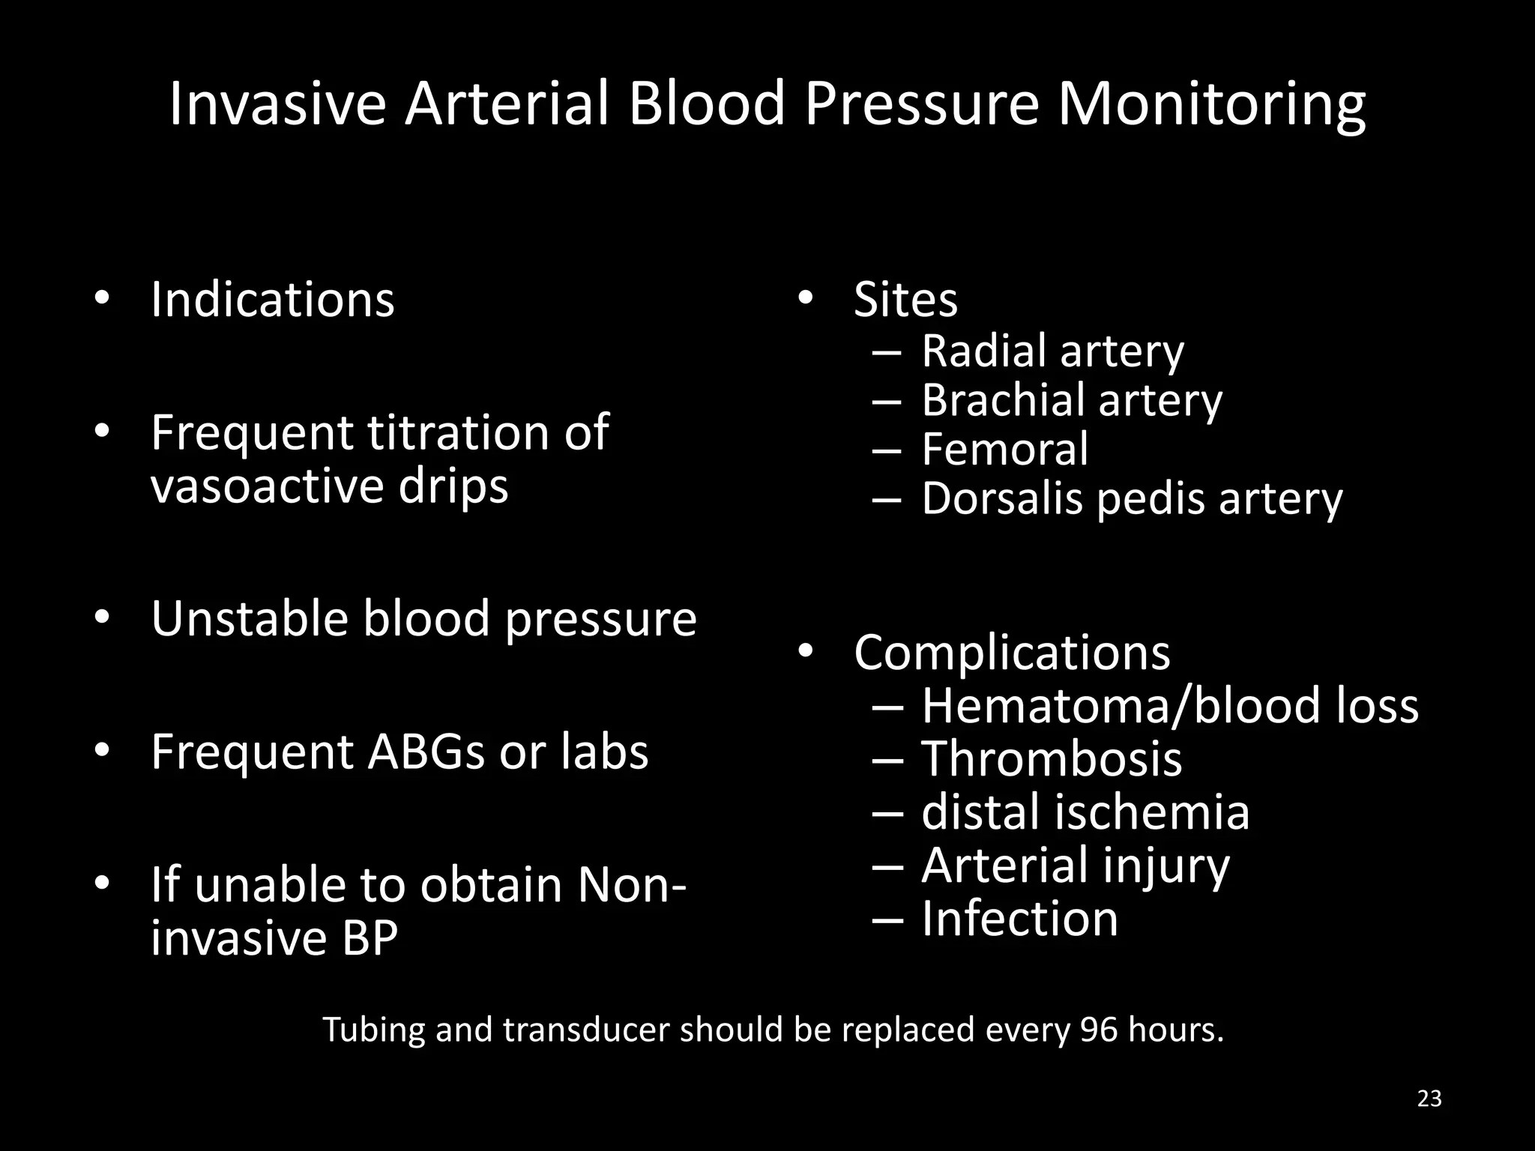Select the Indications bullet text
coord(272,300)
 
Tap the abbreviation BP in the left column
coord(370,937)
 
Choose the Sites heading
coord(905,300)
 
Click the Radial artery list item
coord(1052,351)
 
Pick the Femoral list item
coord(1004,449)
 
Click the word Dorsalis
coord(1001,498)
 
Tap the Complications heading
coord(1012,653)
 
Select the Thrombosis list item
coord(1052,759)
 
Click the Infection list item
coord(1019,919)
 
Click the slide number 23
coord(1429,1099)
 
